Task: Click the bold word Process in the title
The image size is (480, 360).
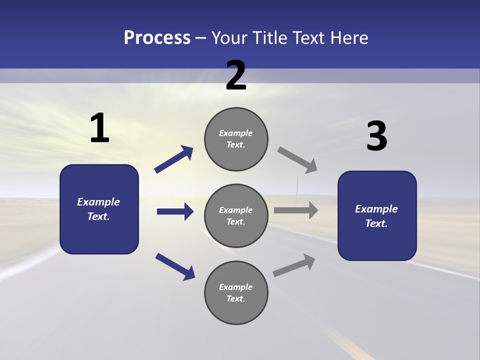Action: pyautogui.click(x=157, y=38)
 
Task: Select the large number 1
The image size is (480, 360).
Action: pyautogui.click(x=99, y=128)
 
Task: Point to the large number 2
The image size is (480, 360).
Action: pyautogui.click(x=236, y=75)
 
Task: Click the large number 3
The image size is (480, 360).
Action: pyautogui.click(x=376, y=136)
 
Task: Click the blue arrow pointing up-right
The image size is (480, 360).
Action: pyautogui.click(x=174, y=159)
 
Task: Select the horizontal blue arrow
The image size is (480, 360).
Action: pyautogui.click(x=175, y=211)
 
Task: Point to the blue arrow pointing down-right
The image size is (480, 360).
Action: pyautogui.click(x=175, y=266)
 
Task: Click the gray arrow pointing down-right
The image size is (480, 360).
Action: pyautogui.click(x=297, y=160)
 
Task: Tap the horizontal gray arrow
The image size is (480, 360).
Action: pyautogui.click(x=296, y=210)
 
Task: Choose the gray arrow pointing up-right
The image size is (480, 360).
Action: pyautogui.click(x=294, y=265)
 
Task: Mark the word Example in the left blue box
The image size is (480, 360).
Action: pyautogui.click(x=98, y=202)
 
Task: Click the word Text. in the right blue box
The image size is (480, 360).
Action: pyautogui.click(x=376, y=223)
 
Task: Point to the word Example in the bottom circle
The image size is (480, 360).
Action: pyautogui.click(x=236, y=287)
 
